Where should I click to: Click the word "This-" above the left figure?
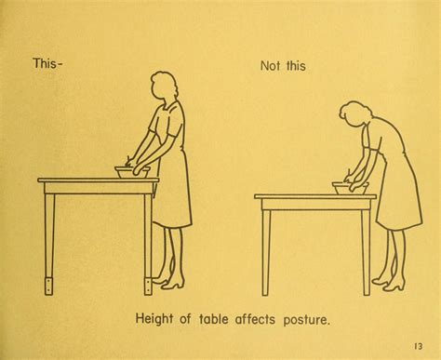47,63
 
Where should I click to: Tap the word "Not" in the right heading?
272,66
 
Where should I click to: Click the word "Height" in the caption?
154,319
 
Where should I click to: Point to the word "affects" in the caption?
255,319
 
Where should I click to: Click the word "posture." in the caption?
305,320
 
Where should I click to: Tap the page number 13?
418,346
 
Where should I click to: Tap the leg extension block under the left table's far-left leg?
49,287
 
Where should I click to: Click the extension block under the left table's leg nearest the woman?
148,287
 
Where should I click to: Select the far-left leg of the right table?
265,253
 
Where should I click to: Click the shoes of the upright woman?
169,282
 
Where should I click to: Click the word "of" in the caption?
185,319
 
